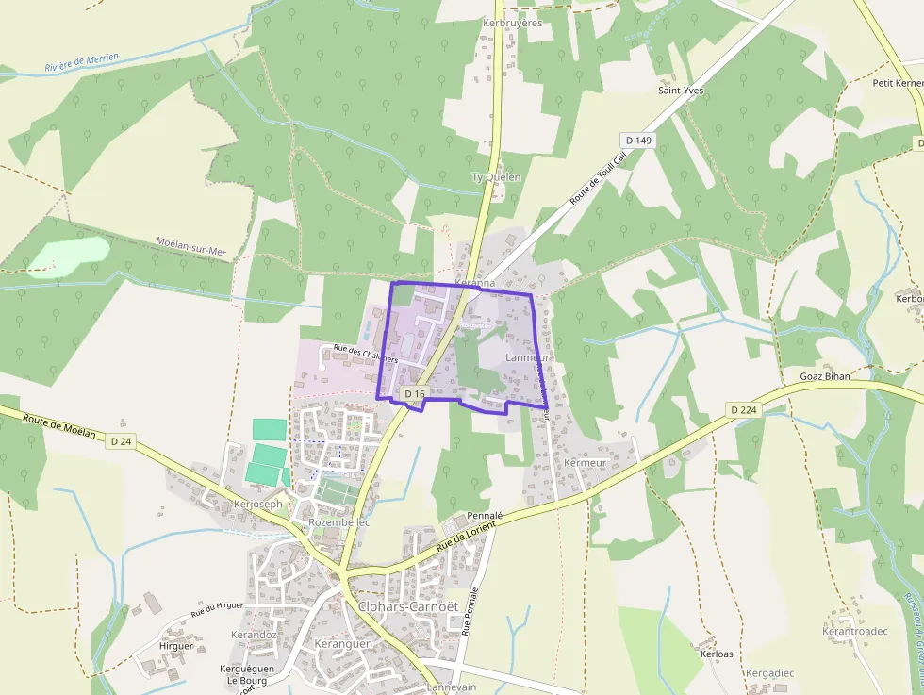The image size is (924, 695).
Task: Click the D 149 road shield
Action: (638, 141)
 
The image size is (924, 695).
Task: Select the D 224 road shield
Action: (744, 409)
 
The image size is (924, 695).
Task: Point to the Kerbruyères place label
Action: (512, 23)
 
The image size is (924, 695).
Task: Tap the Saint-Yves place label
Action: (681, 91)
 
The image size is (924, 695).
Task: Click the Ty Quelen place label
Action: (496, 176)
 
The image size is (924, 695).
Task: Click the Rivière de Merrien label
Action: (81, 63)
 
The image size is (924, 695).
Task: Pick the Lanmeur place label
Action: (527, 358)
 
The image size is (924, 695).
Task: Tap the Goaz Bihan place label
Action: (824, 375)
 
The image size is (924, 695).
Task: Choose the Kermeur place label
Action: (584, 463)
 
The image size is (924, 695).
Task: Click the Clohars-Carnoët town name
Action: (407, 606)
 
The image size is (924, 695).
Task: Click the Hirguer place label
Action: (176, 646)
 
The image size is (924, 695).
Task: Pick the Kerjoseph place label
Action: (256, 505)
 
